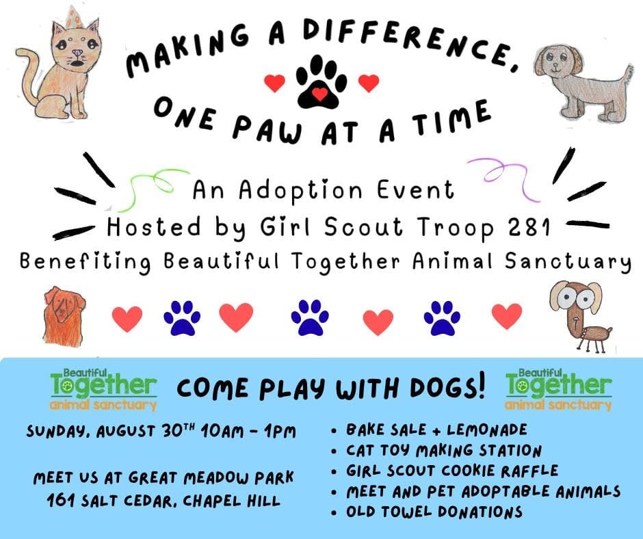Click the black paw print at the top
coord(321,82)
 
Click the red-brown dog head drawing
coord(64,316)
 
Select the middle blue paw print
coord(310,317)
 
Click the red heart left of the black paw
coord(274,83)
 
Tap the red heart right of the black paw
coord(368,83)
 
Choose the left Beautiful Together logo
coord(103,389)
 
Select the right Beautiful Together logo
coord(559,389)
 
